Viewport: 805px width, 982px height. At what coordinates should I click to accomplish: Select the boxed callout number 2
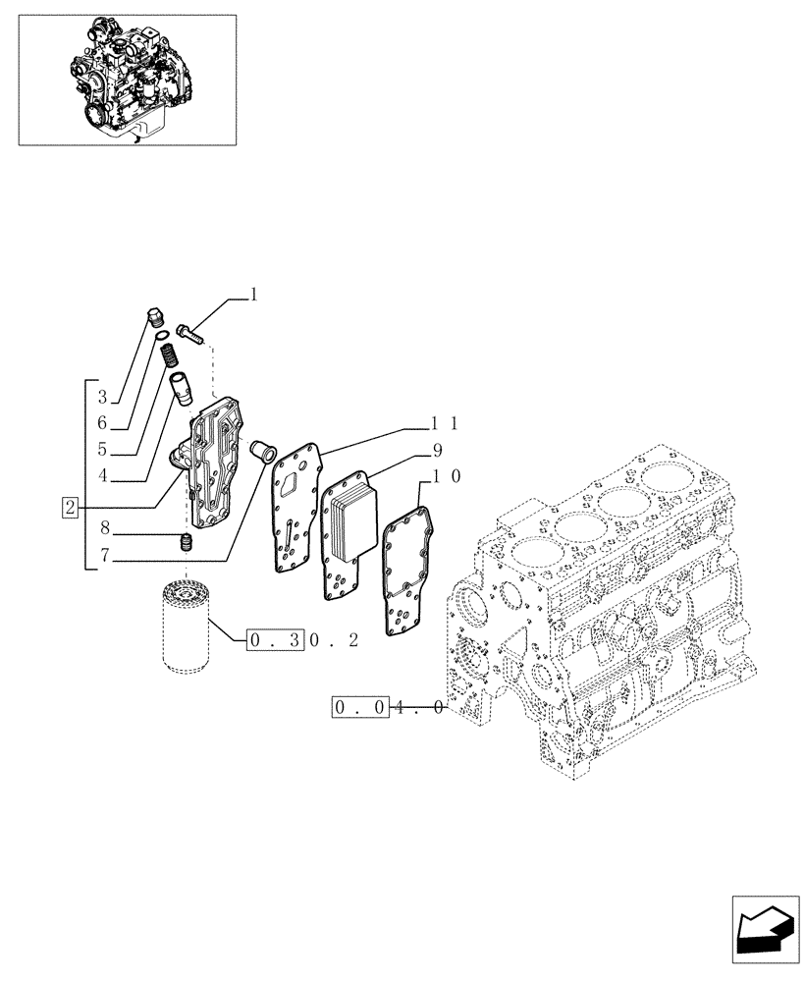(70, 508)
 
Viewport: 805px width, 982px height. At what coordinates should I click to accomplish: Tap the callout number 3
(103, 398)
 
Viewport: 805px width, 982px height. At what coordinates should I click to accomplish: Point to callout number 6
(103, 424)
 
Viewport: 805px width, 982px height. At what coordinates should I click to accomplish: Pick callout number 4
(103, 479)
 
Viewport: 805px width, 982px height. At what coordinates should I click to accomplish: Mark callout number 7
(103, 561)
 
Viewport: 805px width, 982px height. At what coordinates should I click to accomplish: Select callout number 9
(436, 451)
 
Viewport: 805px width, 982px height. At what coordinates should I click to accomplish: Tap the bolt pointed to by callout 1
(191, 333)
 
